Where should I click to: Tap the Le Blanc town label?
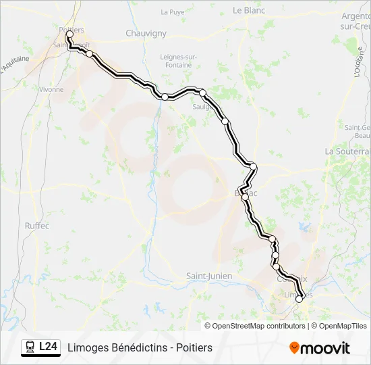[x=247, y=10]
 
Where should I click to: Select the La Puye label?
[x=173, y=12]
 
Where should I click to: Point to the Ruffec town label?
[x=36, y=226]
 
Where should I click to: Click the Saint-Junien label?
[x=209, y=276]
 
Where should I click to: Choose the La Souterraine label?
[x=347, y=151]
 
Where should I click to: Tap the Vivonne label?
[x=51, y=89]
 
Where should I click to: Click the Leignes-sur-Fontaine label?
[x=178, y=61]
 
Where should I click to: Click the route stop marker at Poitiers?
[x=69, y=34]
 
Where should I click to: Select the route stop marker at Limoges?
[x=299, y=299]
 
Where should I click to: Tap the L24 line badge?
[x=48, y=347]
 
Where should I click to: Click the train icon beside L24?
[x=30, y=347]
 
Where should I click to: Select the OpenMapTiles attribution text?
[x=343, y=326]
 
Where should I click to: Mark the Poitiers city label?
[x=72, y=30]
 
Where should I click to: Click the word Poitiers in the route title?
[x=194, y=347]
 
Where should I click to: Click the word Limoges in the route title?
[x=86, y=347]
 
